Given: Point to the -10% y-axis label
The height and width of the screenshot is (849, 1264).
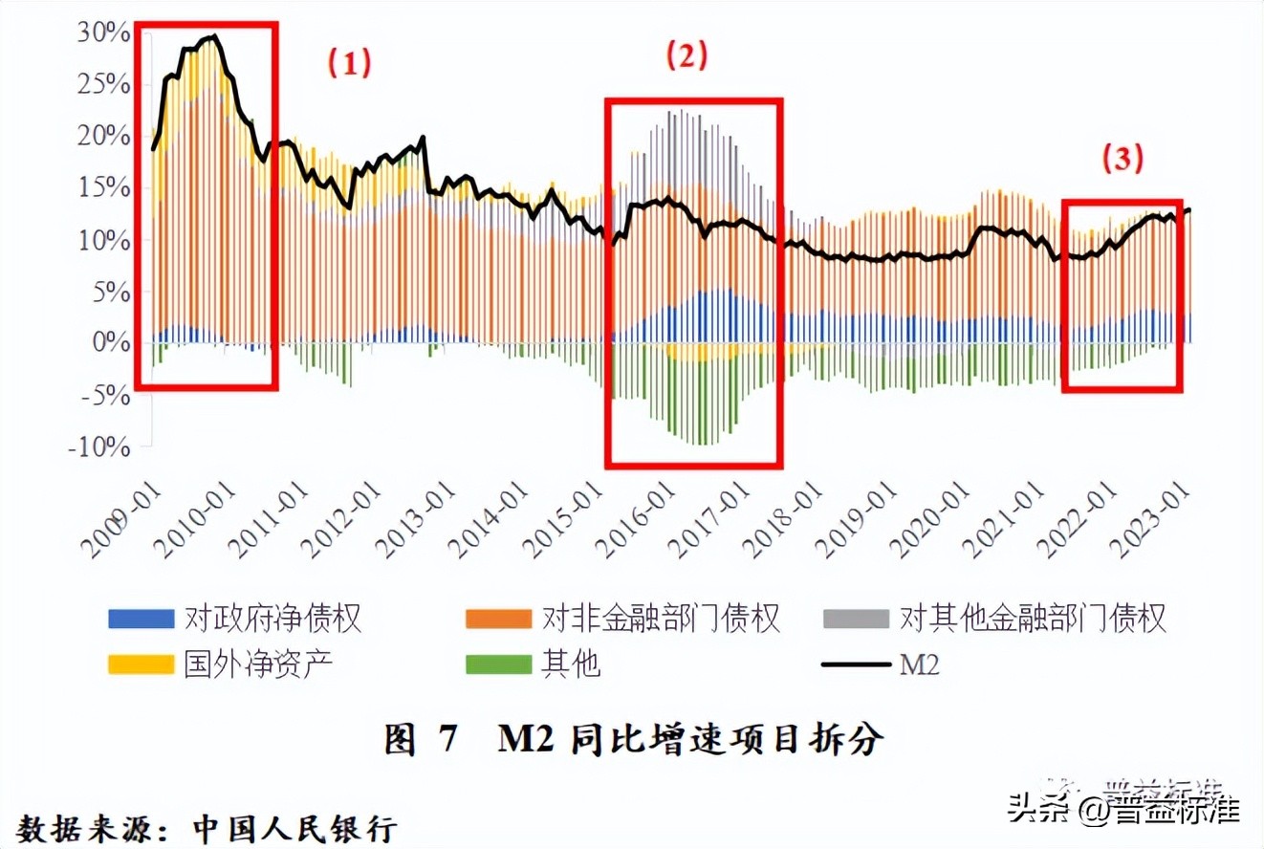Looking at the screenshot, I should tap(98, 447).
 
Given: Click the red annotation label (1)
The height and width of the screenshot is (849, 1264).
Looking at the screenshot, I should tap(349, 63).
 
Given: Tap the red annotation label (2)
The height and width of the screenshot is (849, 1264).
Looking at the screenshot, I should tap(686, 56).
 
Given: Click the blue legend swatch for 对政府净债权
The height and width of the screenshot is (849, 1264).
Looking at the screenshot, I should tap(141, 619).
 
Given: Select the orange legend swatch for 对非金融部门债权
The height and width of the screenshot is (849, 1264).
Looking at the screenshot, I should tap(498, 619).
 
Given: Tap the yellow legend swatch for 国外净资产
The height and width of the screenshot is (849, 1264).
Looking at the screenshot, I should tap(141, 664).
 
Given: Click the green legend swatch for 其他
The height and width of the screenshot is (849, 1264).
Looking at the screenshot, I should tap(498, 664).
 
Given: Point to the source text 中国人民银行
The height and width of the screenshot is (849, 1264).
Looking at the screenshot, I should tap(294, 826).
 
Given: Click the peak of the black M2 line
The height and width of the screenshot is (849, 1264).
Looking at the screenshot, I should tap(214, 36).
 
